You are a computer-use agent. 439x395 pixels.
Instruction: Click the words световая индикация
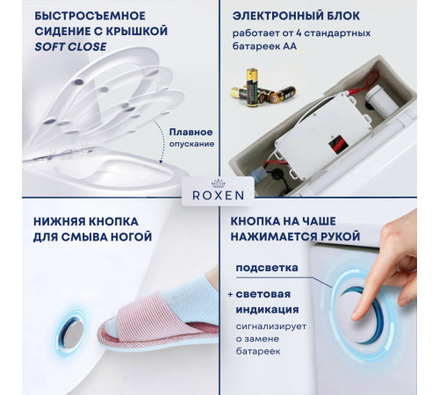[271, 302]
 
